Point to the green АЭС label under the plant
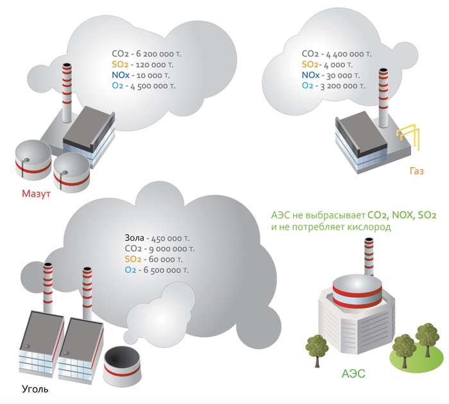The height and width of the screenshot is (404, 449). click(x=353, y=373)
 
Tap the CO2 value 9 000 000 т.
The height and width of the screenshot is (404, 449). click(x=169, y=248)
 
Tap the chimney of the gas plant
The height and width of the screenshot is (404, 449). click(x=383, y=96)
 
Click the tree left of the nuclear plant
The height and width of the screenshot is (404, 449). click(x=316, y=346)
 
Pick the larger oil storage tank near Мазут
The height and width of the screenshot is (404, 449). click(x=34, y=159)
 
